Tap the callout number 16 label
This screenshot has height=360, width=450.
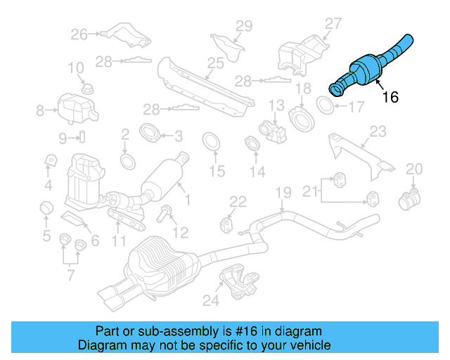[x=390, y=97]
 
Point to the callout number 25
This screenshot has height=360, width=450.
[x=215, y=63]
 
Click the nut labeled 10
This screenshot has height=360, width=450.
[x=87, y=89]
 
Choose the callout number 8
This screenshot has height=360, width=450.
[x=40, y=110]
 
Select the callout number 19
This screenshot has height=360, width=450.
[x=283, y=193]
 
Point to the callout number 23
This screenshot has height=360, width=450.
[x=378, y=131]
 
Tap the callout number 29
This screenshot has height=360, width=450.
[x=243, y=27]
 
